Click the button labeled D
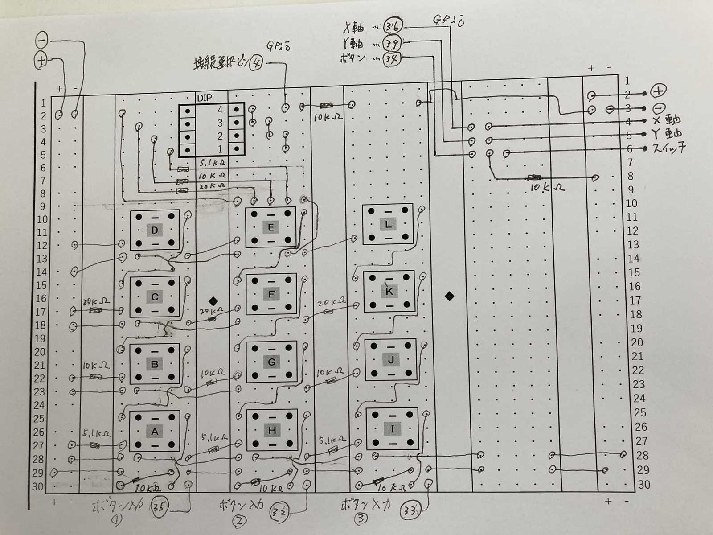tap(155, 230)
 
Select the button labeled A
tap(155, 431)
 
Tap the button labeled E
tap(270, 227)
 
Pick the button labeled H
tap(272, 430)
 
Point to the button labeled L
tap(388, 224)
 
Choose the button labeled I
tap(393, 429)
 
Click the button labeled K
tap(389, 292)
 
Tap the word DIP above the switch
tap(205, 98)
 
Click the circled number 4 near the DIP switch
tap(256, 63)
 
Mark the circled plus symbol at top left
tap(41, 61)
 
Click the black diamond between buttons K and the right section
tap(449, 296)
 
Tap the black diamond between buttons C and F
tap(213, 301)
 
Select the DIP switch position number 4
tap(220, 110)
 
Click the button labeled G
tap(272, 362)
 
